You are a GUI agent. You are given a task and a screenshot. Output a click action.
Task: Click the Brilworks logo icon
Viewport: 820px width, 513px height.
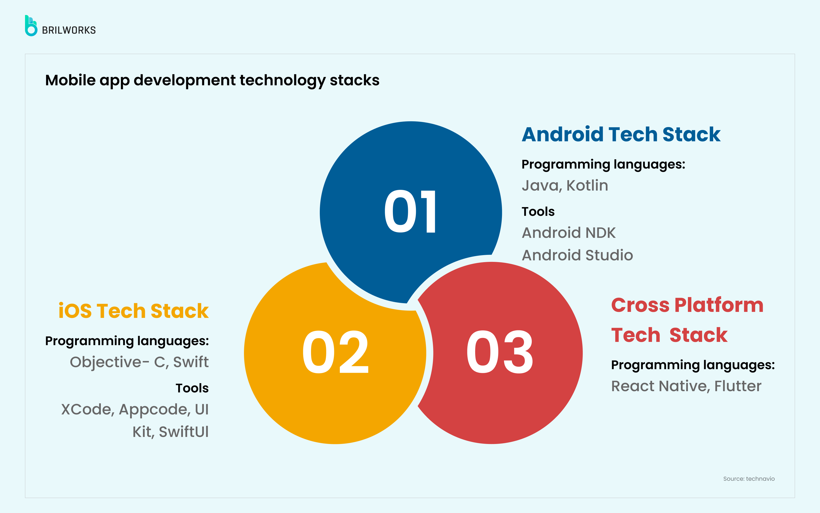31,26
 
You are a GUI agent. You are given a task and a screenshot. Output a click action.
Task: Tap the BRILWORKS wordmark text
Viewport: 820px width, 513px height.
69,30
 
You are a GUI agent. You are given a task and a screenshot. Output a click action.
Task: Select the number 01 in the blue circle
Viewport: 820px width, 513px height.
410,211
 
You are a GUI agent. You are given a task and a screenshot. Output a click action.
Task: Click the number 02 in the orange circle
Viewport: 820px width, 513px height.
335,352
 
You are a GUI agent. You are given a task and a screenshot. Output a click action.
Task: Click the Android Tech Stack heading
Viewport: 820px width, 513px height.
621,134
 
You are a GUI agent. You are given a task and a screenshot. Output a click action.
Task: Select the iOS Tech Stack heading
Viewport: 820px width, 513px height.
133,311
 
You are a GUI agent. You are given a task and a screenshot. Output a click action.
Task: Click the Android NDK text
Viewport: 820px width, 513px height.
569,233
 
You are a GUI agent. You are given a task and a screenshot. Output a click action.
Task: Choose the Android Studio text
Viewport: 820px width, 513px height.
577,255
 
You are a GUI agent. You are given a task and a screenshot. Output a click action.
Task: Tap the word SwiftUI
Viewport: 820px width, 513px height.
184,432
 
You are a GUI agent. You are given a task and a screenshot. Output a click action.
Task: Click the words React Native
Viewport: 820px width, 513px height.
659,386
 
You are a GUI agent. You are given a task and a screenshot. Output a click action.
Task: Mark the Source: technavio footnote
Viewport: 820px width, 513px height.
749,479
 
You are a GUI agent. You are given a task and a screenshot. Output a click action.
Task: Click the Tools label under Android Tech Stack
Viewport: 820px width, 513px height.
538,212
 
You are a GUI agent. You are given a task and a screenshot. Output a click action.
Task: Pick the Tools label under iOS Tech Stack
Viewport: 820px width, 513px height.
192,388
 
